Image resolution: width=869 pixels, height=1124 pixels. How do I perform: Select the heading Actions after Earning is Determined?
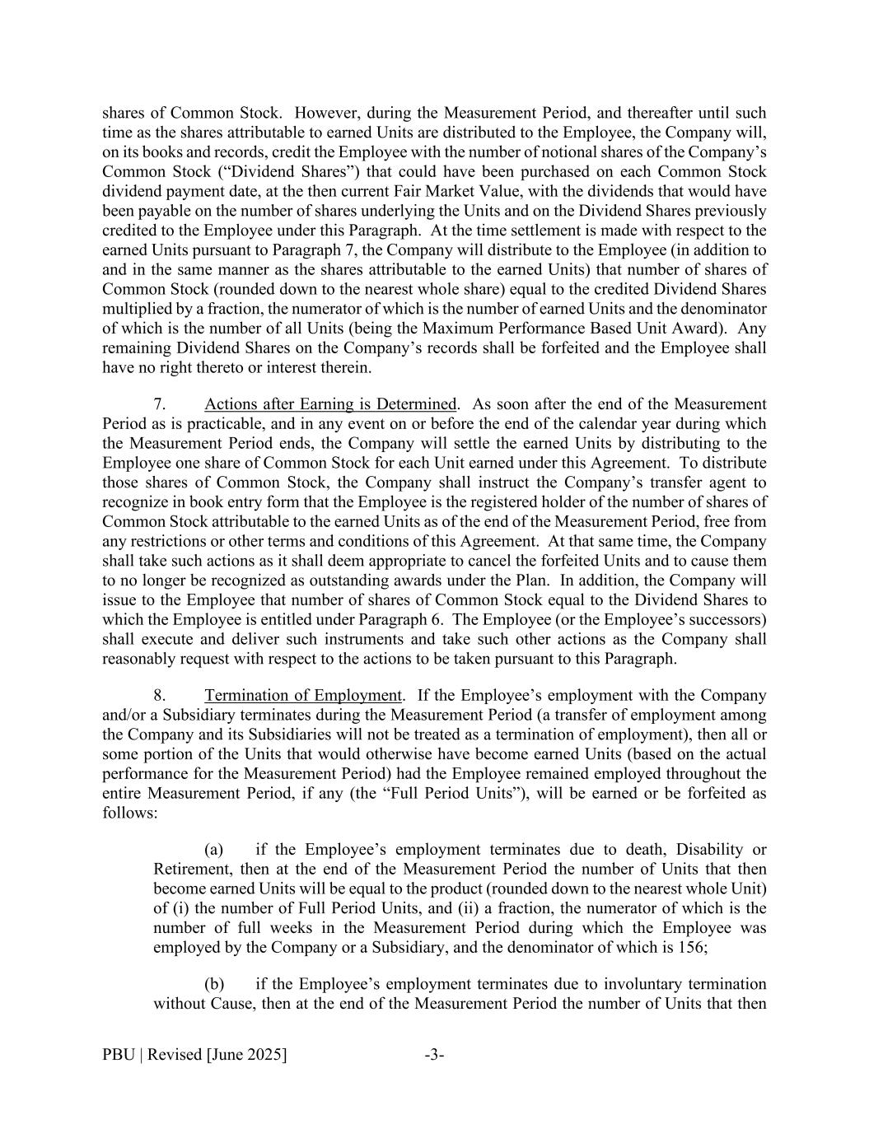point(330,404)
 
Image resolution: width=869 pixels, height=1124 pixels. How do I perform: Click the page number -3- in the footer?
point(434,1055)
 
